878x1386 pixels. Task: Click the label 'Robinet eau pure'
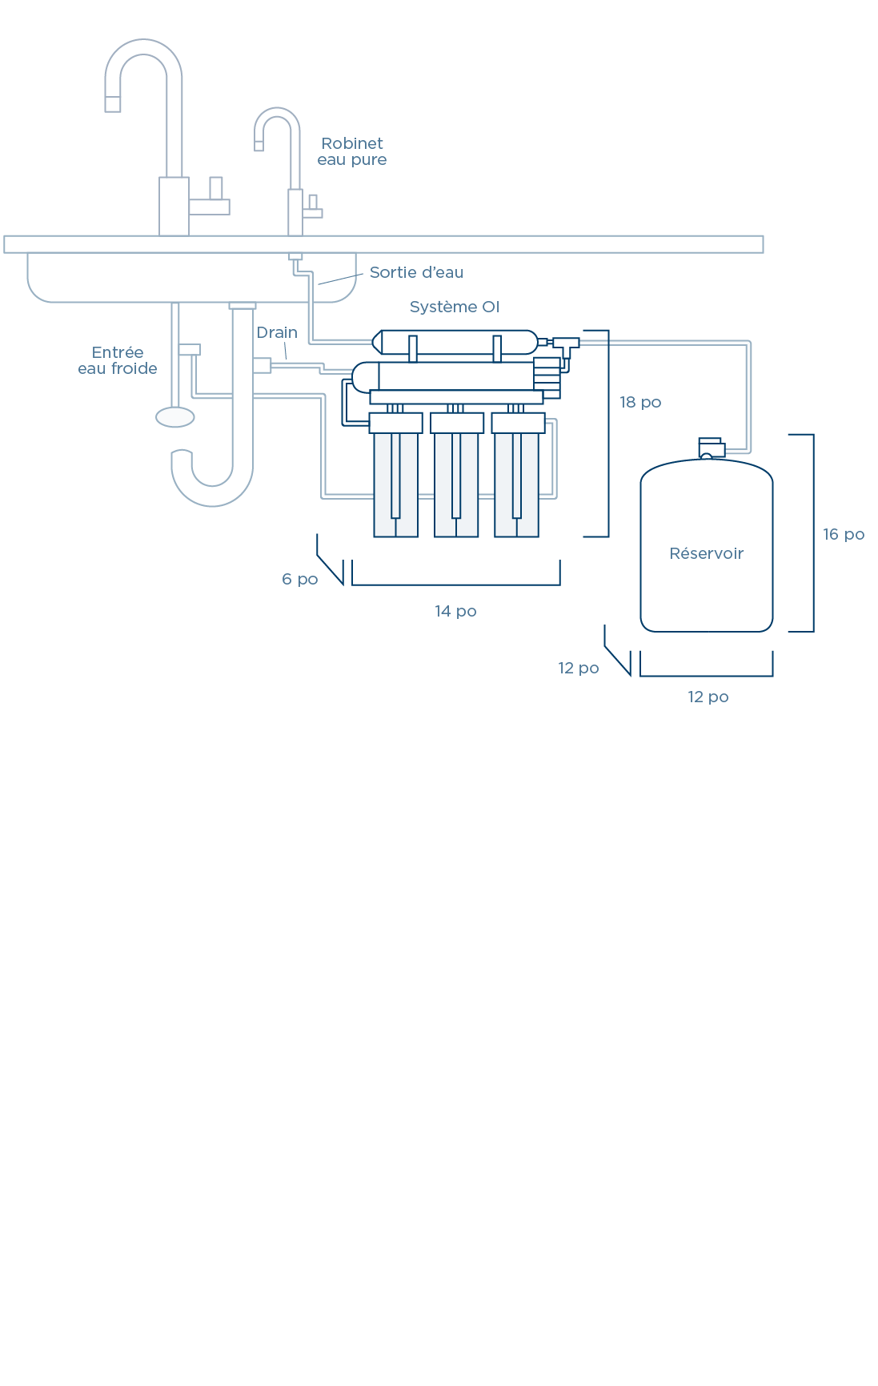tap(352, 151)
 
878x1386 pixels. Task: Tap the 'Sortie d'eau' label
tap(416, 273)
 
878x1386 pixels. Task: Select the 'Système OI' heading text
tap(454, 307)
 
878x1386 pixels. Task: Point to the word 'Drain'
tap(277, 333)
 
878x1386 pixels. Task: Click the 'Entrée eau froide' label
tap(118, 361)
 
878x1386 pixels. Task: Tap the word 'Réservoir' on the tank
tap(707, 554)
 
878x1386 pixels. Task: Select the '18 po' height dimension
tap(640, 403)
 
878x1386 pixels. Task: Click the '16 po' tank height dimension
tap(844, 535)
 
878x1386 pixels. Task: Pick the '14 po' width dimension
tap(455, 612)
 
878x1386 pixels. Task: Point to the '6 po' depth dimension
tap(300, 580)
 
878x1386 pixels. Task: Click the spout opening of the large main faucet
tap(113, 104)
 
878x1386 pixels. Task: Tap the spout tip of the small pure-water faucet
tap(259, 146)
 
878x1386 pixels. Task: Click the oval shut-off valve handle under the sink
tap(175, 417)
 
